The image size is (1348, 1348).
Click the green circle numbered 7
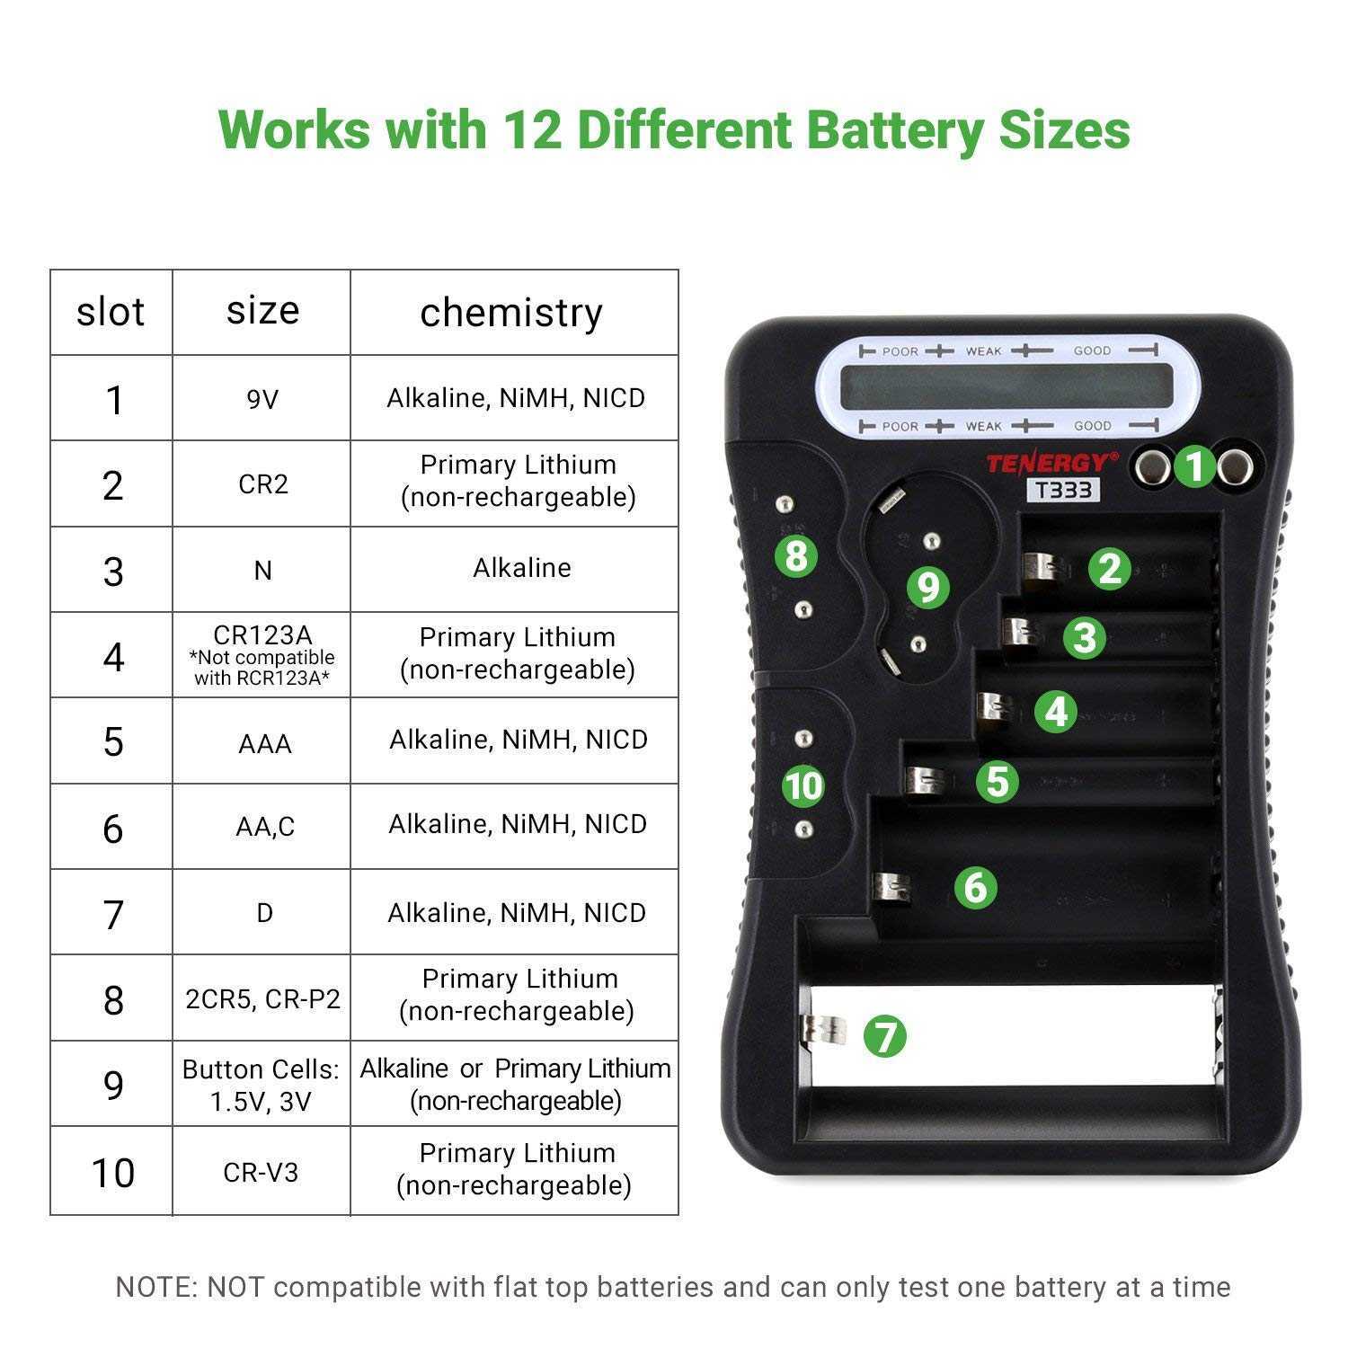[885, 1035]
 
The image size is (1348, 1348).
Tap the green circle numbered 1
[1194, 466]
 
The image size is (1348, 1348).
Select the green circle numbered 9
[927, 587]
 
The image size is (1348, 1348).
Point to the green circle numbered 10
[803, 785]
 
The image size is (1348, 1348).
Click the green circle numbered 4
[1056, 711]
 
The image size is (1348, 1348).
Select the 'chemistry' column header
[511, 312]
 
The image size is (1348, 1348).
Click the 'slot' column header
[111, 312]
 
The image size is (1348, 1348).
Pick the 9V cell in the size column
[262, 398]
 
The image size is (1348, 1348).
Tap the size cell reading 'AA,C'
[264, 827]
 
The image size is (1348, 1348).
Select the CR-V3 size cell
[261, 1172]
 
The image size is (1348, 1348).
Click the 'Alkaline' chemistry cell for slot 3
[521, 568]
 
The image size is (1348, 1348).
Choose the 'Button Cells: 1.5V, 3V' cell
[261, 1085]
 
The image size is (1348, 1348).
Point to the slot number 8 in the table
[112, 999]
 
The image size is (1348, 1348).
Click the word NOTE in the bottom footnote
[155, 1287]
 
